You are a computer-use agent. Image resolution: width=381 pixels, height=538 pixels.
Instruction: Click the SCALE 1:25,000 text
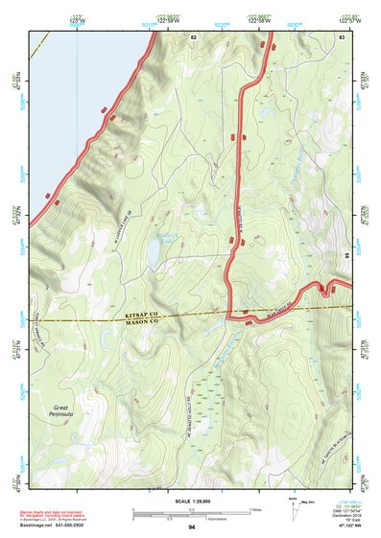coord(191,501)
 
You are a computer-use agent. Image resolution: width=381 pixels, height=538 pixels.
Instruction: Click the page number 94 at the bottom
coord(192,528)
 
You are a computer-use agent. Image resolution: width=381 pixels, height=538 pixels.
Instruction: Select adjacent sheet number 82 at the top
coord(193,35)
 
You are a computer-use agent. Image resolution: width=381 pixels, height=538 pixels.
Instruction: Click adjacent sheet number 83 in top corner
coord(341,35)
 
